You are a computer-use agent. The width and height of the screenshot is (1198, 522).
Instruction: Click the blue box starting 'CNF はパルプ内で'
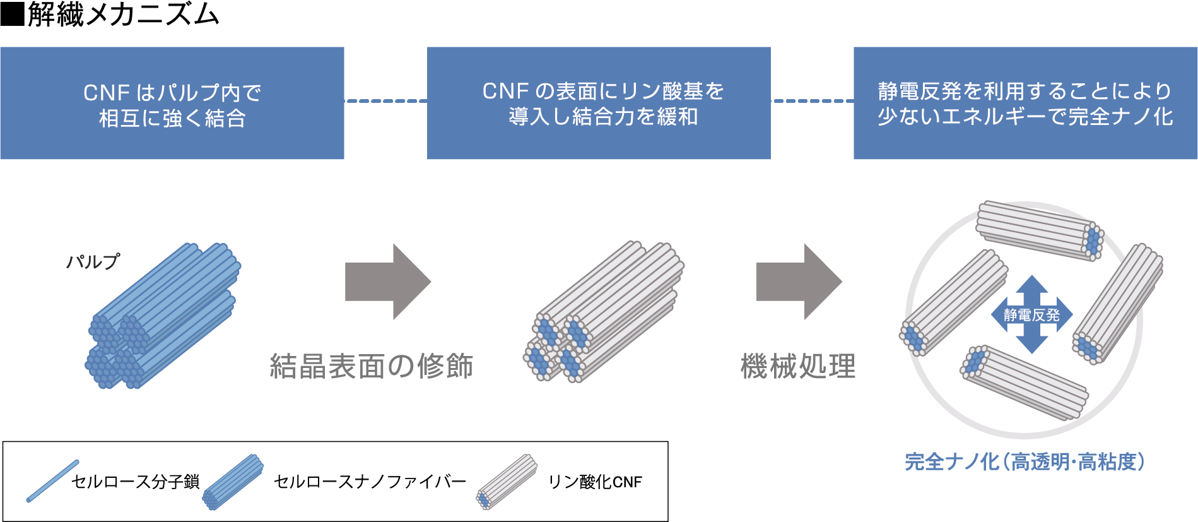(x=172, y=104)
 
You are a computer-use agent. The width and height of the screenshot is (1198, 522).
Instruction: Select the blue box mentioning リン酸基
(x=599, y=104)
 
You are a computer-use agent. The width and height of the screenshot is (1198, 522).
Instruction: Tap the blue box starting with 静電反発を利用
(x=1025, y=104)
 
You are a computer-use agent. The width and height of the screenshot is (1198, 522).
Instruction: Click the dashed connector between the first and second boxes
(x=385, y=101)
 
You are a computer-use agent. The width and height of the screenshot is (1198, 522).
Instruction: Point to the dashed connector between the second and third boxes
(x=812, y=101)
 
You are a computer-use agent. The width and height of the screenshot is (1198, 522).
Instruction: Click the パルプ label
(x=93, y=261)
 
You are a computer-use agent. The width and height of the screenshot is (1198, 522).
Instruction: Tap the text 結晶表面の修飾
(x=372, y=366)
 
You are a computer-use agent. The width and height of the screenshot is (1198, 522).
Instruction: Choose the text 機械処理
(x=798, y=366)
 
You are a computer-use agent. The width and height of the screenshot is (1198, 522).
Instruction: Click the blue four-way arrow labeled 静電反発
(x=1031, y=314)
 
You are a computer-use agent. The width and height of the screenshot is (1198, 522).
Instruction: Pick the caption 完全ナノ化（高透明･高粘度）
(x=1025, y=462)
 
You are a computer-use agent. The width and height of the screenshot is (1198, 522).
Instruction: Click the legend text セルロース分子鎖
(x=135, y=482)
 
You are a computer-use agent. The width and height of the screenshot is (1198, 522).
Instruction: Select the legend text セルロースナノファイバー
(x=369, y=482)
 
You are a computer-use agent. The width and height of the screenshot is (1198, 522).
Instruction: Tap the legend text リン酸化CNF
(x=594, y=482)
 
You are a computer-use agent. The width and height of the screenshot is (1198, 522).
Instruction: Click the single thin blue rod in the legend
(x=52, y=481)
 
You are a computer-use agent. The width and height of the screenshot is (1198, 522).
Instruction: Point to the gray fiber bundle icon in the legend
(x=507, y=482)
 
